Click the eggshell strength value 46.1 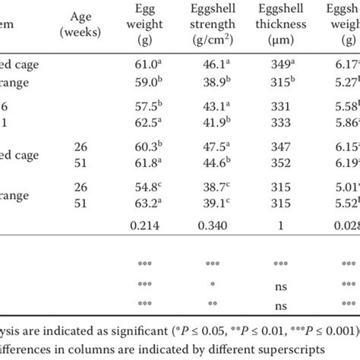coord(216,65)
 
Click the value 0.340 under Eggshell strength coord(216,225)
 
